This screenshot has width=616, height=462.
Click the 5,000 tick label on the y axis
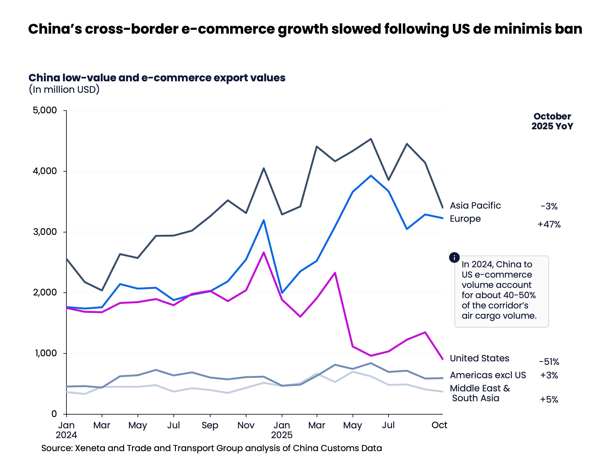[45, 110]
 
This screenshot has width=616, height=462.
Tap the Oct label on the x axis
[439, 425]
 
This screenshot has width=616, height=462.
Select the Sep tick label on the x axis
[210, 425]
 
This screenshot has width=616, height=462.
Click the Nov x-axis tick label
[246, 425]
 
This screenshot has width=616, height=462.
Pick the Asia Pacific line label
[475, 206]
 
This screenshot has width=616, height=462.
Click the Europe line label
[465, 219]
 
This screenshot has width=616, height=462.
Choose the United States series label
[479, 358]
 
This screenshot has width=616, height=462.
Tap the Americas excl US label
[488, 375]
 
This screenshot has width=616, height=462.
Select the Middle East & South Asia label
[479, 393]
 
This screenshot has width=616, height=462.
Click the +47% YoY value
[549, 224]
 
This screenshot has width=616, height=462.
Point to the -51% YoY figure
[549, 362]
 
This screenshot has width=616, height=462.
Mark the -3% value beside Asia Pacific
[549, 206]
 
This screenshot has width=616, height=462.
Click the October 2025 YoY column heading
[552, 121]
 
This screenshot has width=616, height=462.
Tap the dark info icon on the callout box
[454, 258]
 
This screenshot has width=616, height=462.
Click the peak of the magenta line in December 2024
[264, 252]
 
